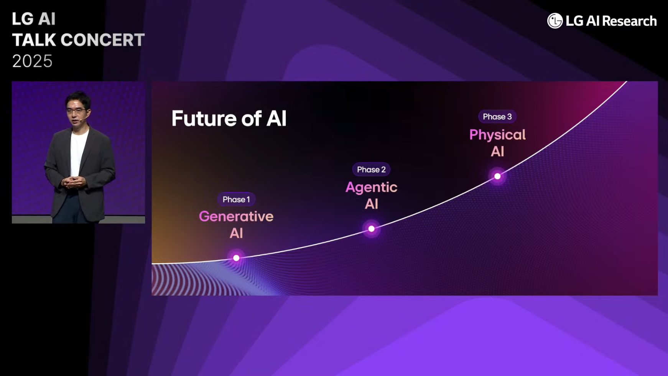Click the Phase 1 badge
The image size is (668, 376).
coord(236,200)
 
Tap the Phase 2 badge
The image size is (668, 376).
coord(371,170)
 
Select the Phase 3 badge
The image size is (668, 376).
coord(497,117)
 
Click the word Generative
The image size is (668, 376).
coord(236,217)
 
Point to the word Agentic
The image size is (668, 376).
coord(371,188)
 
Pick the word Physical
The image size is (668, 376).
coord(497,135)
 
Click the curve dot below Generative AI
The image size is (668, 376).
coord(236,258)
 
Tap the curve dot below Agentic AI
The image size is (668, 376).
coord(371,229)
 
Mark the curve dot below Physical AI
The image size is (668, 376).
coord(497,176)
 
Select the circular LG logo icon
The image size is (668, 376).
coord(554,21)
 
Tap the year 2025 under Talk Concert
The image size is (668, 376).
coord(32,61)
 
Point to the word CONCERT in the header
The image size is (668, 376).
coord(102,40)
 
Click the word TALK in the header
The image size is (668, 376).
coord(34,40)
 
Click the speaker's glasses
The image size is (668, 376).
coord(76,111)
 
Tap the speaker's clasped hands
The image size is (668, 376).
coord(74,182)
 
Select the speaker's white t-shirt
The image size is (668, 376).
coord(78,152)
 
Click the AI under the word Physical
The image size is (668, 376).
coord(497,152)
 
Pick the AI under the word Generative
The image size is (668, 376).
coord(236,233)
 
